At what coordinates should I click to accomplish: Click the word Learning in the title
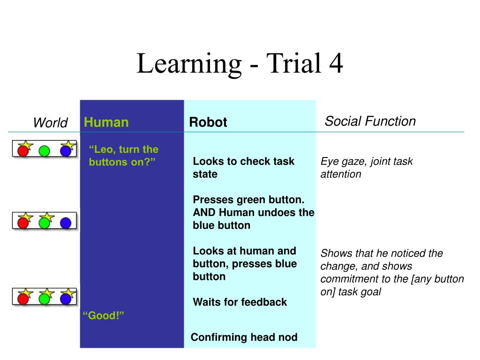pyautogui.click(x=188, y=65)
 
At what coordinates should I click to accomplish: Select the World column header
pyautogui.click(x=50, y=123)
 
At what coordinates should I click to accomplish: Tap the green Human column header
pyautogui.click(x=106, y=123)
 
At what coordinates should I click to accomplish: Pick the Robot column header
pyautogui.click(x=208, y=122)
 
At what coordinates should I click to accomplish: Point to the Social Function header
pyautogui.click(x=370, y=121)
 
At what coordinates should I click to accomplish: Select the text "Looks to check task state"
pyautogui.click(x=243, y=168)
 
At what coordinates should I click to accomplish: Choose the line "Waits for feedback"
pyautogui.click(x=240, y=302)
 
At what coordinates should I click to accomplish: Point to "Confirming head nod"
pyautogui.click(x=244, y=337)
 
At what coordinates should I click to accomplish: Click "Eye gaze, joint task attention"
pyautogui.click(x=366, y=168)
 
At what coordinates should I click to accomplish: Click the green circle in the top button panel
pyautogui.click(x=44, y=151)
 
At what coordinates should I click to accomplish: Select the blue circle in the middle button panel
pyautogui.click(x=66, y=222)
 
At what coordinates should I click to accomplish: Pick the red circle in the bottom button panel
pyautogui.click(x=22, y=298)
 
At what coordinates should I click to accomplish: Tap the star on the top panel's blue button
pyautogui.click(x=68, y=145)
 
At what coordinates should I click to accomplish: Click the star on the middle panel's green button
pyautogui.click(x=47, y=217)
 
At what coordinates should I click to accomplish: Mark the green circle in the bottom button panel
pyautogui.click(x=44, y=298)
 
